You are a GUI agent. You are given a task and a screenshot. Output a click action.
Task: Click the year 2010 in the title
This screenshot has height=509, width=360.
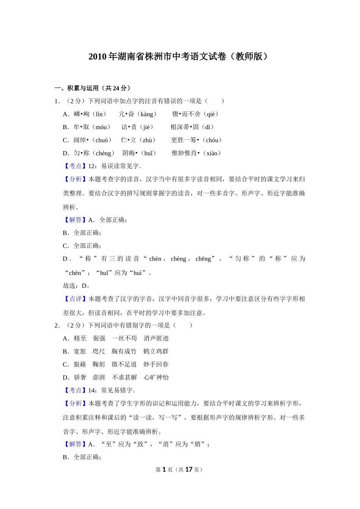pos(97,57)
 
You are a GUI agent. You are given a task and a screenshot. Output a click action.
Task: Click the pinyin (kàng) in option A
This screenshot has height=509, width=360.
pos(147,114)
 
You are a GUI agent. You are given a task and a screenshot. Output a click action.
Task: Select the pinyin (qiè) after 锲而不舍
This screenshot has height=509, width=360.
pos(211,114)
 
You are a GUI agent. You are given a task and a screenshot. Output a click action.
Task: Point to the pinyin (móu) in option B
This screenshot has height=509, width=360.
pos(101,127)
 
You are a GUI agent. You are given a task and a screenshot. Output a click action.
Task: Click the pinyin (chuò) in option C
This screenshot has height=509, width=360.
pos(102,140)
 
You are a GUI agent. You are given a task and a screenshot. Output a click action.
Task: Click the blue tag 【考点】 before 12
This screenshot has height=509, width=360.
pos(75,166)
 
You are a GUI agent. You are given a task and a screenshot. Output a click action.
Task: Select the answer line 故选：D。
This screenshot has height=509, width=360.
pos(77,286)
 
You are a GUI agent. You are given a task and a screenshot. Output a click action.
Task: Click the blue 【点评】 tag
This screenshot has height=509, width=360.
pos(75,299)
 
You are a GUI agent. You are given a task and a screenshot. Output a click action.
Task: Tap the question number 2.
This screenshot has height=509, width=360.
pos(57,325)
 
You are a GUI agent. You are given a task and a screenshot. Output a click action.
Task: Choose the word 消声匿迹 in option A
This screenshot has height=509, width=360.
pos(156,339)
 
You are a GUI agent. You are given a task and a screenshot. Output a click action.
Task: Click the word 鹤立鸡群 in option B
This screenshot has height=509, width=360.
pos(156,351)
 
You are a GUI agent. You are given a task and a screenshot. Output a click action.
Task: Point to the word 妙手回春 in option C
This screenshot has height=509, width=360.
pos(156,364)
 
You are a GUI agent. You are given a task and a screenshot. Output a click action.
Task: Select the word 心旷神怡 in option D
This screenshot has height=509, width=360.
pos(156,378)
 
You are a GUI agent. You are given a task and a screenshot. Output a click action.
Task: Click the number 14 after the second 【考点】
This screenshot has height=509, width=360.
pos(92,390)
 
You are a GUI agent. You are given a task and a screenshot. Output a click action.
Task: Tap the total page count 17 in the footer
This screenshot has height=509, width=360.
pos(189,470)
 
